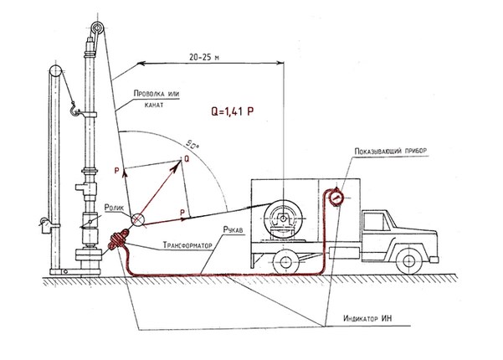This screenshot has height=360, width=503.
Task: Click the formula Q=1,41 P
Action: (x=233, y=111)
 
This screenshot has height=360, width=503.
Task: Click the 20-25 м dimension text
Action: (x=204, y=57)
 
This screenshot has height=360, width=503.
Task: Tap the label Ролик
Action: (x=114, y=208)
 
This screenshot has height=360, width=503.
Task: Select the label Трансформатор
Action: (x=187, y=245)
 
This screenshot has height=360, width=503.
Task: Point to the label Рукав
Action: (x=234, y=229)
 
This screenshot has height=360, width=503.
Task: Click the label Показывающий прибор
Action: (x=391, y=151)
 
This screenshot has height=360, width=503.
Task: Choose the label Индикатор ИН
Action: (x=367, y=318)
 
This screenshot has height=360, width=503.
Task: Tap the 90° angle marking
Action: (x=192, y=145)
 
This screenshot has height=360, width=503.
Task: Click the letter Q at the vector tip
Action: (x=187, y=158)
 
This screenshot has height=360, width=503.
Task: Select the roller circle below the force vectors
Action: (x=138, y=219)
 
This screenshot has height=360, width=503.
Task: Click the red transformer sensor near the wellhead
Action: (x=117, y=239)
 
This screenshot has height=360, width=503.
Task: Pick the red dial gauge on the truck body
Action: (x=336, y=197)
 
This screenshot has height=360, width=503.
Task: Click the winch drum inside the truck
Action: (x=283, y=219)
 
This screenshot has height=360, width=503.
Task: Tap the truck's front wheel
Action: (x=408, y=260)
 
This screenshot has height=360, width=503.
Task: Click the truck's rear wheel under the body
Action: (x=285, y=262)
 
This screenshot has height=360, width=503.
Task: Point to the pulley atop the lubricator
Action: (x=96, y=28)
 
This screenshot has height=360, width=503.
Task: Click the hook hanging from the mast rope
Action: (x=74, y=109)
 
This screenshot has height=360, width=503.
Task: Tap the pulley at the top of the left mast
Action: (x=55, y=71)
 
